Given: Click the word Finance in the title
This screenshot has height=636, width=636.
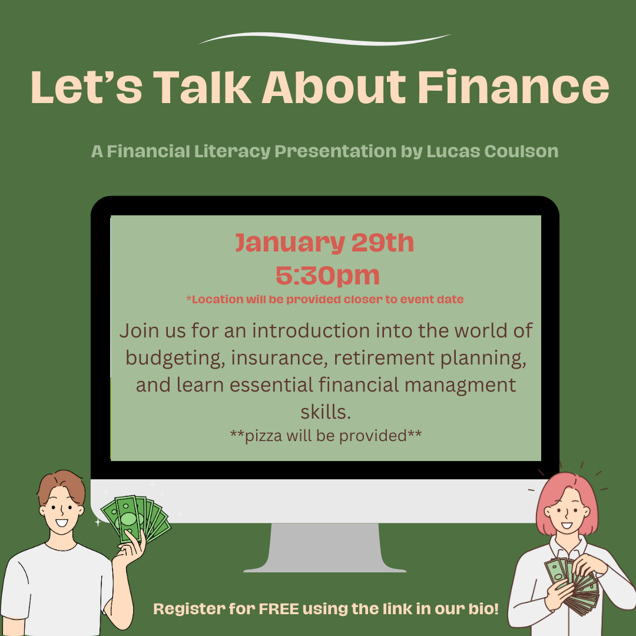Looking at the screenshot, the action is [x=514, y=87].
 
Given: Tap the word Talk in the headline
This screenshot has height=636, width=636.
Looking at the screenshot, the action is [x=202, y=87].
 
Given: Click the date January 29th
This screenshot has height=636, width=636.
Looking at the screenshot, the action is [x=325, y=243].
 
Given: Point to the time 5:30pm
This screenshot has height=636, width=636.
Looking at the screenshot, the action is [x=327, y=275].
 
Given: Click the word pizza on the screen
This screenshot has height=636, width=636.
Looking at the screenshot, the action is [x=264, y=436].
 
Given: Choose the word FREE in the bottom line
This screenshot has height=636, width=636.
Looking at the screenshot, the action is [x=279, y=609].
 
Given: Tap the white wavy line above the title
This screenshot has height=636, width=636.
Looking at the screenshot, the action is [x=325, y=38].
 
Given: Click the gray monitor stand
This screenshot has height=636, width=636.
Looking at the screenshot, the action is [x=324, y=548].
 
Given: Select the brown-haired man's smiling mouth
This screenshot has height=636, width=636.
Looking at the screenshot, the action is [x=62, y=523].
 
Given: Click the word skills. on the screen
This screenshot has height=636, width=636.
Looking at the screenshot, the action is [x=326, y=412].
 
